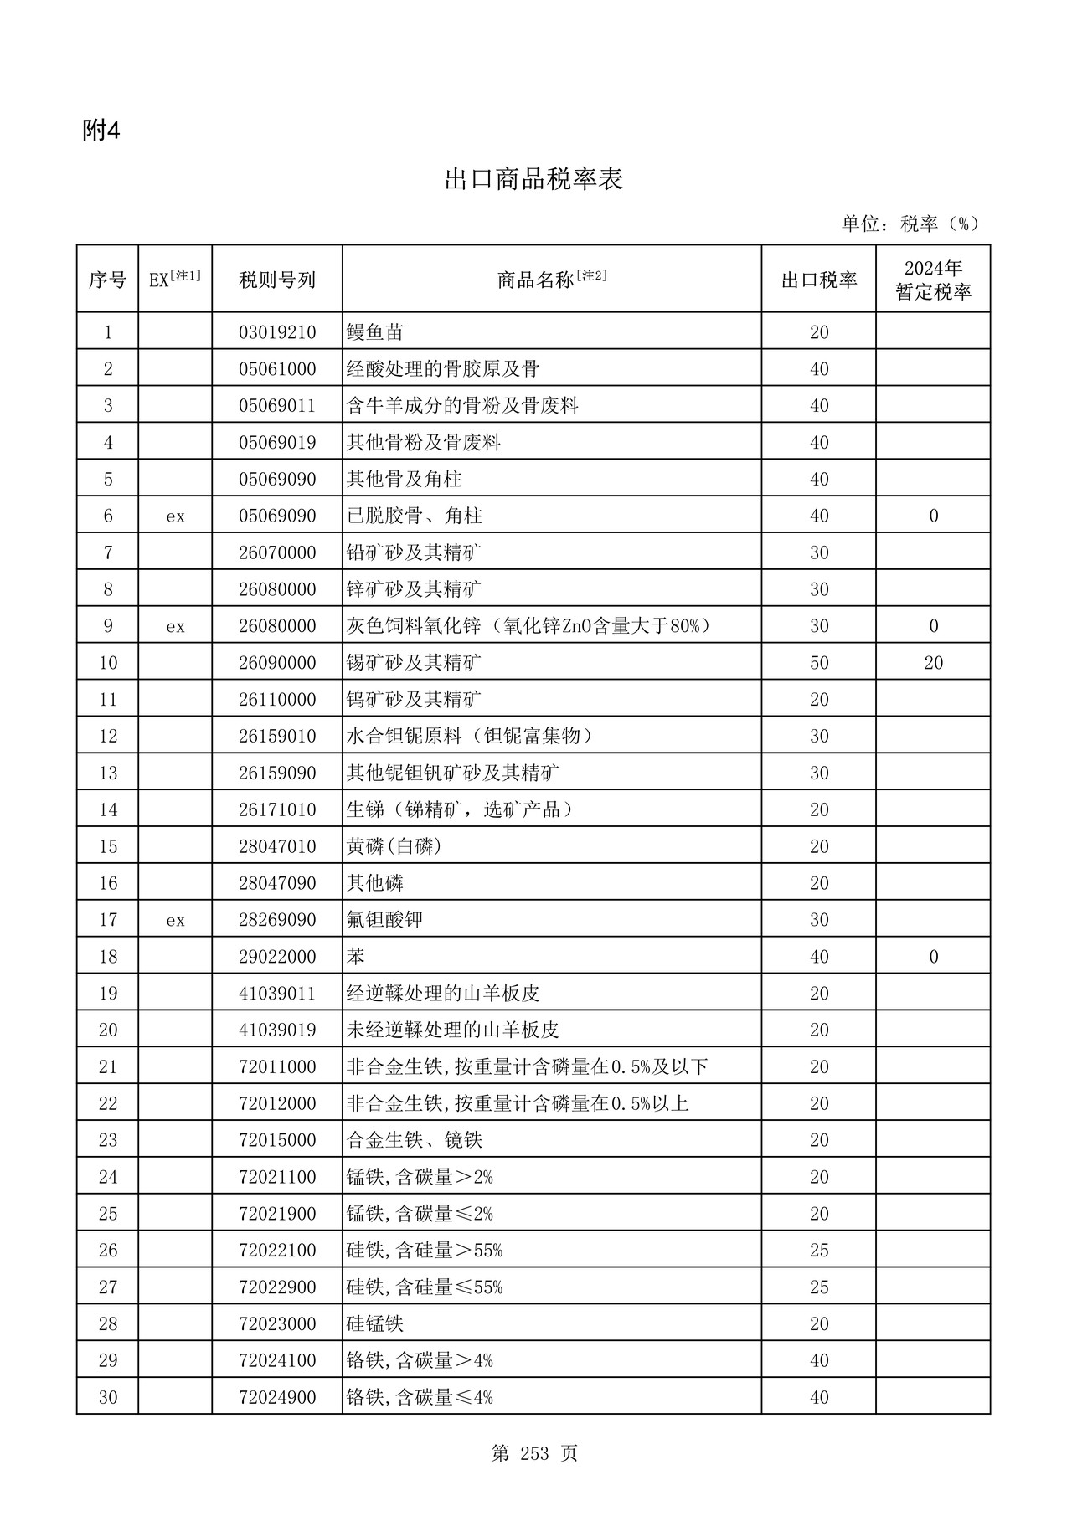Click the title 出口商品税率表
533,180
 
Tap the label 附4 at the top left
101,131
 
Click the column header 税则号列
277,280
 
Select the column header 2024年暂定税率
933,280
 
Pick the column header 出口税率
818,280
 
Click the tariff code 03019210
277,332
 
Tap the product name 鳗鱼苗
375,332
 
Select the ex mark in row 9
175,626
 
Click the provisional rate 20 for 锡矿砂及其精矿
933,663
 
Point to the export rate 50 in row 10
818,663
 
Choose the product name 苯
356,956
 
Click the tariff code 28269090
277,920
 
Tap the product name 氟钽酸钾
384,920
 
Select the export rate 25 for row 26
818,1250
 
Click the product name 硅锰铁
375,1323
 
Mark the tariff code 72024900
277,1397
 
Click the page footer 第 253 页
533,1454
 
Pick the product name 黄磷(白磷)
394,846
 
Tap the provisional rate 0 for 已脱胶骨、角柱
933,516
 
